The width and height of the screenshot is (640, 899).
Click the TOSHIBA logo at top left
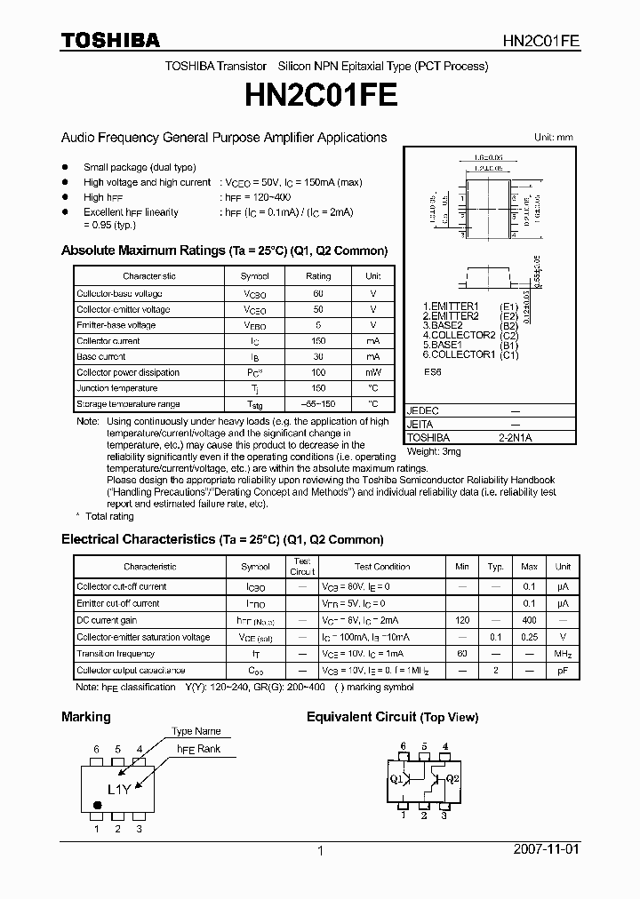pyautogui.click(x=110, y=40)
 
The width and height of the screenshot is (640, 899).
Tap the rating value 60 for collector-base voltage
pyautogui.click(x=318, y=293)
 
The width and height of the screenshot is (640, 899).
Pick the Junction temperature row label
pyautogui.click(x=116, y=388)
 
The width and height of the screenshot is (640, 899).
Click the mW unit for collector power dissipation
pyautogui.click(x=373, y=372)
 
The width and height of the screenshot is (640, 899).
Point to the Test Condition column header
pyautogui.click(x=382, y=567)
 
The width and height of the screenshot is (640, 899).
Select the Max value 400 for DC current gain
pyautogui.click(x=529, y=620)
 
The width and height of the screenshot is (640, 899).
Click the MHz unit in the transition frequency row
pyautogui.click(x=563, y=654)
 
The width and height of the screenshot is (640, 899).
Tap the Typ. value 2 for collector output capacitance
pyautogui.click(x=495, y=671)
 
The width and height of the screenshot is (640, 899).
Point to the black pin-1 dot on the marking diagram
pyautogui.click(x=97, y=807)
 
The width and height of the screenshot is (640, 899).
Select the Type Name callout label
pyautogui.click(x=196, y=731)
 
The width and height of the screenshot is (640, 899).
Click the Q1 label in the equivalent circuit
pyautogui.click(x=396, y=779)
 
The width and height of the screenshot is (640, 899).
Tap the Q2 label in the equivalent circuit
pyautogui.click(x=452, y=779)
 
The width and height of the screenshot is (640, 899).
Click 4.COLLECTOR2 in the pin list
pyautogui.click(x=458, y=335)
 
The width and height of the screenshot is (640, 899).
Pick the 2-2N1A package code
pyautogui.click(x=515, y=438)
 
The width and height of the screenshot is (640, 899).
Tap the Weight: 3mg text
pyautogui.click(x=437, y=451)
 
